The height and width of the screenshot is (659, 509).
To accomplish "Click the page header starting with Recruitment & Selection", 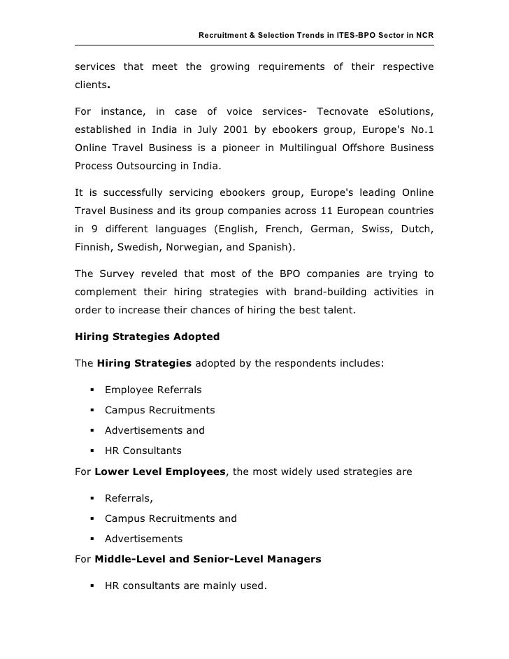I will point(316,35).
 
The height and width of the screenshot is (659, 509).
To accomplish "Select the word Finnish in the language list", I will point(93,247).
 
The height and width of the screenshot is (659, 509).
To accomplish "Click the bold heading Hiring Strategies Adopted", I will point(147,336).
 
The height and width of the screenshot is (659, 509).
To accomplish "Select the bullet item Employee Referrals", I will point(153,390).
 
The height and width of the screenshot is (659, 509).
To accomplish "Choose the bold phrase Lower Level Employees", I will point(160,472).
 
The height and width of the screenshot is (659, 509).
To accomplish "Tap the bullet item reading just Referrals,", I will point(129,498).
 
